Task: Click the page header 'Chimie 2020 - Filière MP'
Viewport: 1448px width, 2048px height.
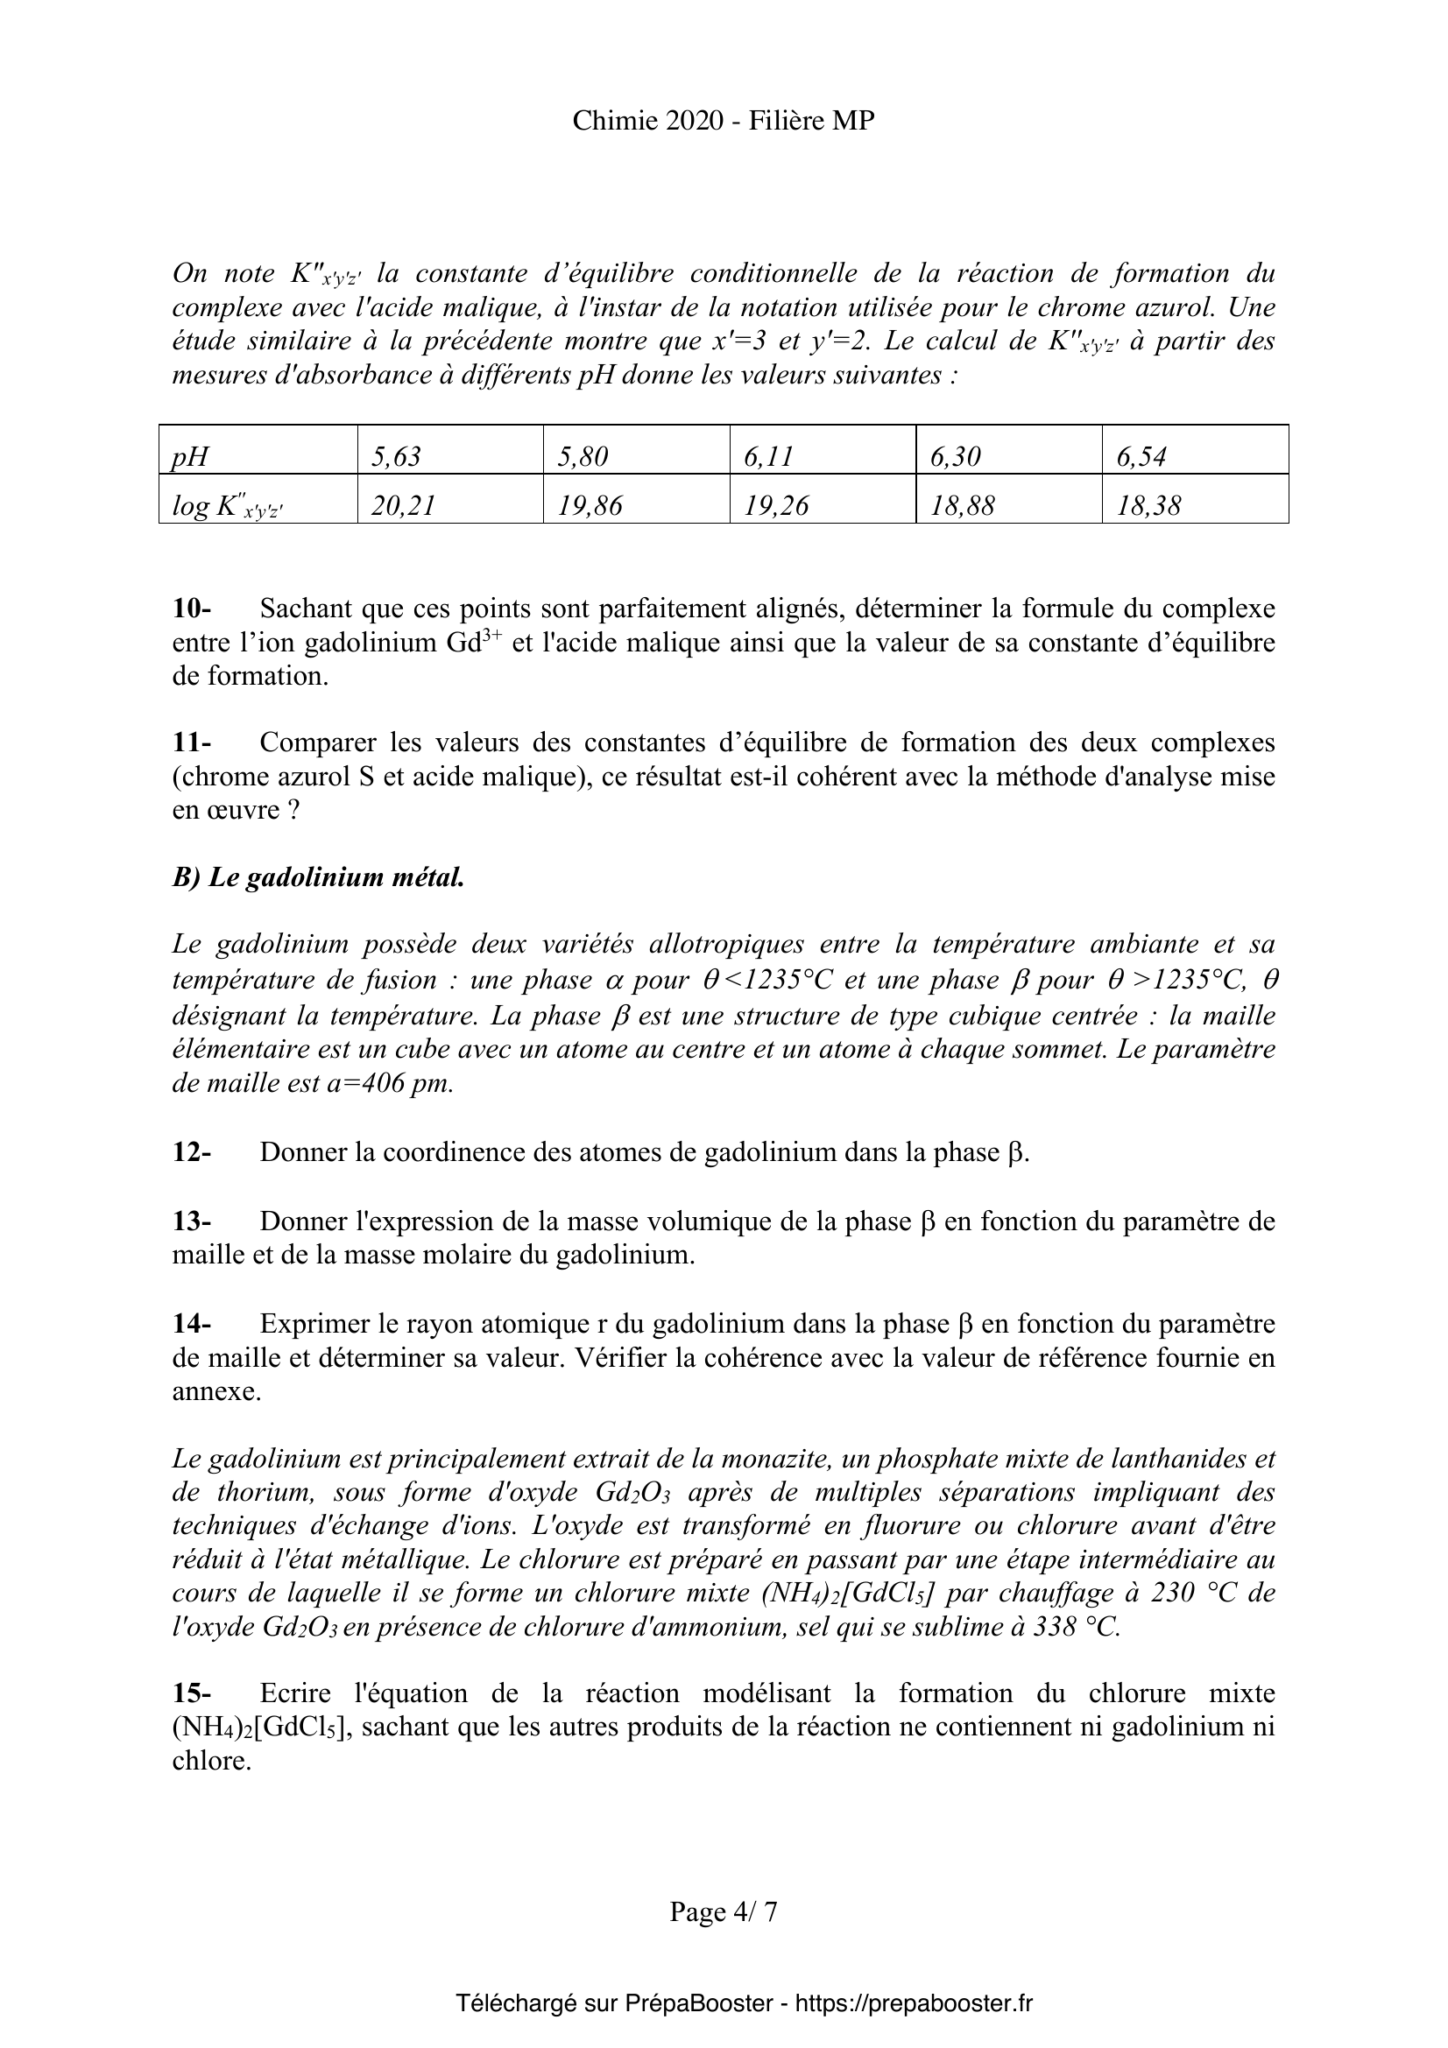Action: coord(723,121)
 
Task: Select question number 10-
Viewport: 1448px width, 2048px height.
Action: coord(192,609)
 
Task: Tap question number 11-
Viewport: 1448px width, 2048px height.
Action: coord(192,742)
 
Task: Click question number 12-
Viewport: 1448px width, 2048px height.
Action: coord(192,1152)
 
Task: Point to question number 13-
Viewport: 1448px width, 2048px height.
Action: coord(192,1221)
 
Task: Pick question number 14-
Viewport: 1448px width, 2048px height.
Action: coord(192,1324)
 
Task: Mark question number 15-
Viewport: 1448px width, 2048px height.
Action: coord(192,1693)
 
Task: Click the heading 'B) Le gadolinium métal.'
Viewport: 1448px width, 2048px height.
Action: coord(319,877)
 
